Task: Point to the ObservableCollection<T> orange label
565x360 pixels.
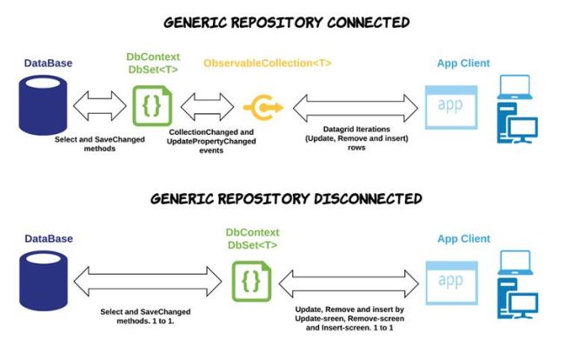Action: [268, 63]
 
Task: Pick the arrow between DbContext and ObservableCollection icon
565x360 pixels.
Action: [205, 107]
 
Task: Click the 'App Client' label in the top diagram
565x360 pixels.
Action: [463, 63]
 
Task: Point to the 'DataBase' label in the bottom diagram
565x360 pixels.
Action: [48, 238]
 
